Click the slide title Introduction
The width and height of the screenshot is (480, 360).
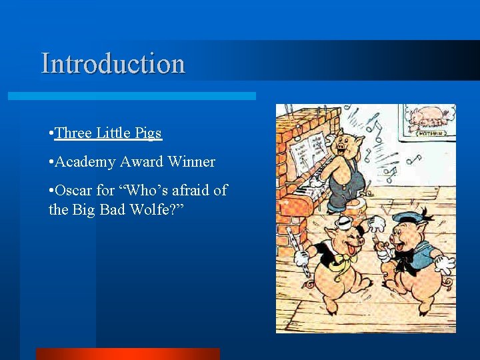click(113, 63)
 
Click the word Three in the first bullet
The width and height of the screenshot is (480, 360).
click(74, 133)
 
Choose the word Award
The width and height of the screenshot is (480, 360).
click(142, 162)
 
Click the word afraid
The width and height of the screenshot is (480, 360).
click(184, 191)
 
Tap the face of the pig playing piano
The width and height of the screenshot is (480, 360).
click(346, 142)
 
